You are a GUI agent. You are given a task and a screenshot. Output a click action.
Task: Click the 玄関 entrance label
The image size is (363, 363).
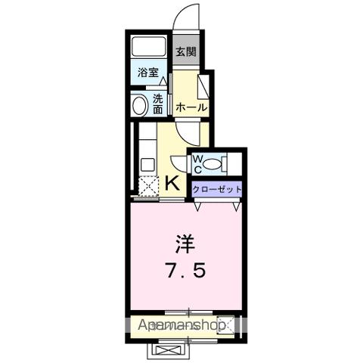point(185,52)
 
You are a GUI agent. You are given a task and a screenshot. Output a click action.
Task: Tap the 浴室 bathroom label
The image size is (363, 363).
point(148,73)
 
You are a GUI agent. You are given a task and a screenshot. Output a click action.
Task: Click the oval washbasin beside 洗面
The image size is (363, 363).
point(139,105)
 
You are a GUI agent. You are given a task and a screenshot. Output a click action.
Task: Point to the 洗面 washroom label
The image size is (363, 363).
point(157,104)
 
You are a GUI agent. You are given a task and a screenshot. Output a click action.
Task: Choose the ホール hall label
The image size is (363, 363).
point(191,108)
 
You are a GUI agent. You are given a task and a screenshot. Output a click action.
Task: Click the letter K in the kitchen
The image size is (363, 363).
point(172,182)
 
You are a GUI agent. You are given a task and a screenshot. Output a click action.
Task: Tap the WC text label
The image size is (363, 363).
point(196,163)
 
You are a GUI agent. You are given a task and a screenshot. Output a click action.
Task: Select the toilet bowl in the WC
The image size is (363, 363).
point(213,163)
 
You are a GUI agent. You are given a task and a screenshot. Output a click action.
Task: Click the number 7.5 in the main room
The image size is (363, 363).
point(185,269)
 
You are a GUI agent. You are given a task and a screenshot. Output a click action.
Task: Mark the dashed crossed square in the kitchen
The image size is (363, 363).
point(147,185)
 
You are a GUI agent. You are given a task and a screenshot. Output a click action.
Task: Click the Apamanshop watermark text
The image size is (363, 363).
point(185,325)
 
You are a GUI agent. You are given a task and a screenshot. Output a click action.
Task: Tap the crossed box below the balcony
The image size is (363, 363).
point(167,349)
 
